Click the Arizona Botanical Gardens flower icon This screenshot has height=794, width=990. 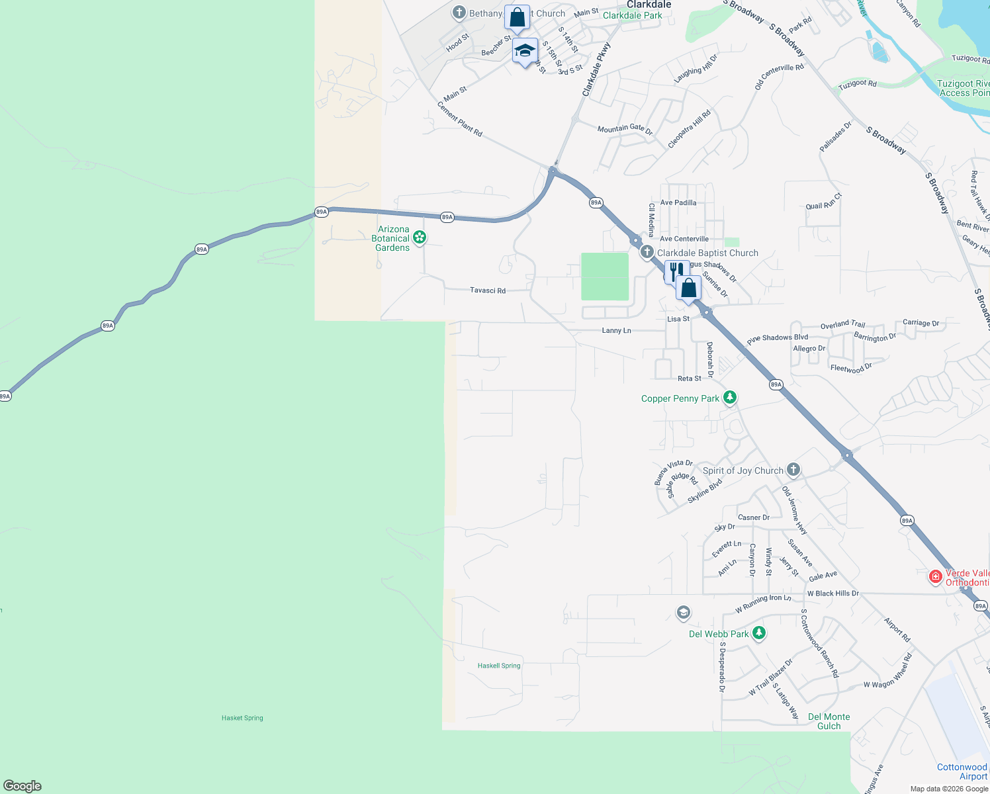[419, 237]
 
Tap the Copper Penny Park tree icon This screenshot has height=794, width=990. [730, 398]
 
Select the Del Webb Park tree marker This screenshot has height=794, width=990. [759, 633]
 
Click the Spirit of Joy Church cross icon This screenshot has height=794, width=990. [793, 470]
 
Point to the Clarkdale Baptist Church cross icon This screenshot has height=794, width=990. [647, 252]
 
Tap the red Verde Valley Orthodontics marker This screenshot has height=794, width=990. [935, 576]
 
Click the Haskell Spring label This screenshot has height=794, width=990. [499, 666]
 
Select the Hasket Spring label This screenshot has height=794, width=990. [242, 718]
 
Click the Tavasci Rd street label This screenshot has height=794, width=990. [488, 290]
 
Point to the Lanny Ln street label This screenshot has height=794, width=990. [616, 330]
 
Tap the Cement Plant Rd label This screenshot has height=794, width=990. [460, 119]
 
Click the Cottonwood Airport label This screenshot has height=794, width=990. [962, 772]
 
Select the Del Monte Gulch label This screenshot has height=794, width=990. [829, 721]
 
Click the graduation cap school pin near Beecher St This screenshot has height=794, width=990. [525, 51]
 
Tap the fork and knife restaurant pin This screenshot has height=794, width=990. [674, 271]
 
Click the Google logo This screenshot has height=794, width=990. [22, 786]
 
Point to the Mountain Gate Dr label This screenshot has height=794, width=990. [625, 129]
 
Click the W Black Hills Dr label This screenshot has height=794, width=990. [832, 594]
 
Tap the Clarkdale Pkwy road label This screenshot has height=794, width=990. [596, 70]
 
